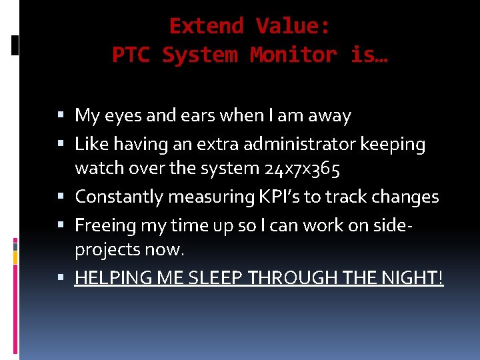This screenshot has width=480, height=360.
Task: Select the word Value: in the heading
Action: click(293, 27)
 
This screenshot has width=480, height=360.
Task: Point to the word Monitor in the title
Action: click(294, 55)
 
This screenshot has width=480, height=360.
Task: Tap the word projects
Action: click(106, 251)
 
